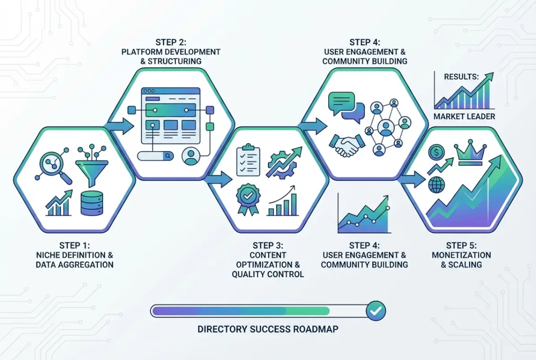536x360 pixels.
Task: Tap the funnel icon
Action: [91, 164]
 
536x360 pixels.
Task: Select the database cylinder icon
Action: [91, 203]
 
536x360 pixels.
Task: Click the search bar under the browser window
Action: [156, 155]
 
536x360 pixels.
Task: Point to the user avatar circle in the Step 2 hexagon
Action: [191, 156]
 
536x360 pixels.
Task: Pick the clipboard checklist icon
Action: [248, 159]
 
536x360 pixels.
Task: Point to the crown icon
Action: [469, 152]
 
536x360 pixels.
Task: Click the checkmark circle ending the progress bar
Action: [375, 310]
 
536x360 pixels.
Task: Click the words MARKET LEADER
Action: [464, 117]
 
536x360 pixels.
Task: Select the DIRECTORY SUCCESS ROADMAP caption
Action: [268, 329]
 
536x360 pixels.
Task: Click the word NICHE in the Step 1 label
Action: [49, 255]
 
